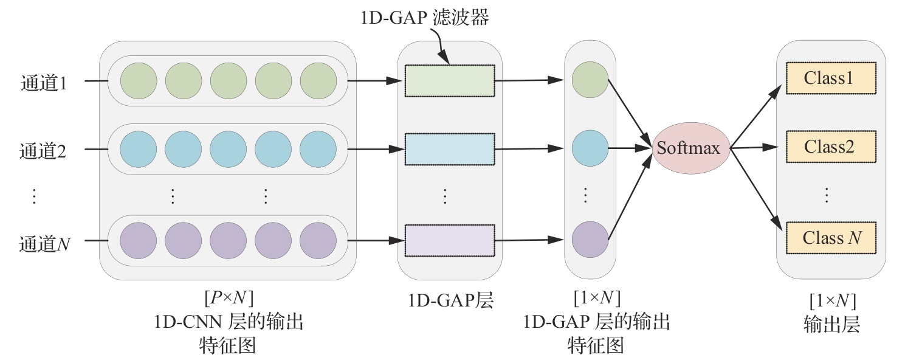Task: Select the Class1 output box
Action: [x=831, y=78]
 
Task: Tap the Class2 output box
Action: [x=831, y=147]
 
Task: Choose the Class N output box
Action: [x=831, y=238]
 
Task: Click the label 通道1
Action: [x=44, y=82]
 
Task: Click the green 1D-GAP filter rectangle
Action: [x=450, y=80]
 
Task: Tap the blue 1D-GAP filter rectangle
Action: [x=450, y=148]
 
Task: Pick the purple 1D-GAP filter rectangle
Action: [x=450, y=240]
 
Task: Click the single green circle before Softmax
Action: [x=590, y=80]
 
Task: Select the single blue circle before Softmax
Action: [x=590, y=148]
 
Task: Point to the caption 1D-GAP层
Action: [x=450, y=300]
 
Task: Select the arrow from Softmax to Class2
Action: [x=754, y=147]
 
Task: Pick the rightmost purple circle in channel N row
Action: [x=318, y=238]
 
